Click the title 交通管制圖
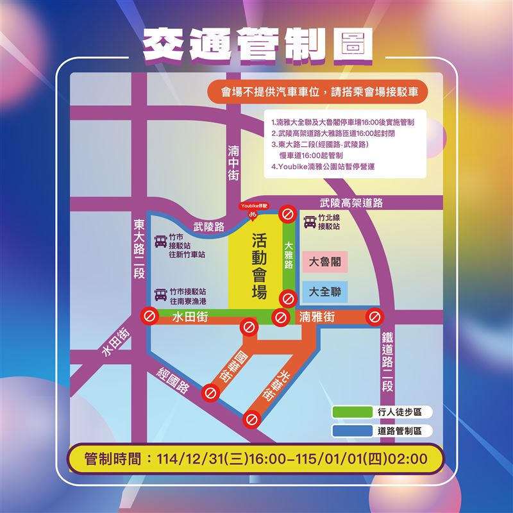coord(257,45)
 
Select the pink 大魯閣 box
coord(324,262)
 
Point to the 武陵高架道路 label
coord(351,203)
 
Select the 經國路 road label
coord(173,379)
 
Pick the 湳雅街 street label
coord(317,317)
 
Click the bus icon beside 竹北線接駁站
coord(310,222)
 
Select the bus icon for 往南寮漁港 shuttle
coord(160,295)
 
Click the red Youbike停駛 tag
coord(254,206)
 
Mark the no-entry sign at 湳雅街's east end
coord(374,317)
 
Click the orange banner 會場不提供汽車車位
coord(316,92)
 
